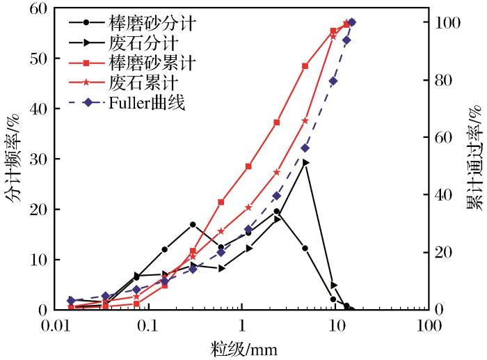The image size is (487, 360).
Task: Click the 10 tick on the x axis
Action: coord(336,325)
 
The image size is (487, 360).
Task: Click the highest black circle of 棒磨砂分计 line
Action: coord(276,211)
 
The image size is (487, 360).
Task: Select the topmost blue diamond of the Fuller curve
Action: coord(351,22)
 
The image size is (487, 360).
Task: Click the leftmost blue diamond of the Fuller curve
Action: coord(71,300)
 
